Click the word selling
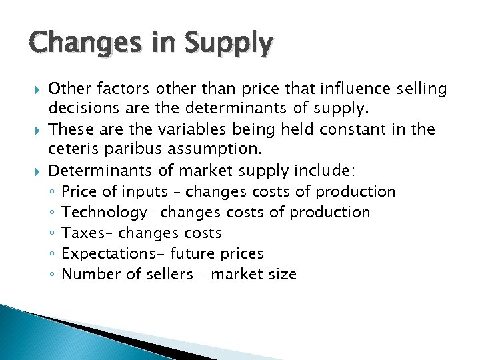pos(420,88)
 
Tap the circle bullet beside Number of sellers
pos(52,274)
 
